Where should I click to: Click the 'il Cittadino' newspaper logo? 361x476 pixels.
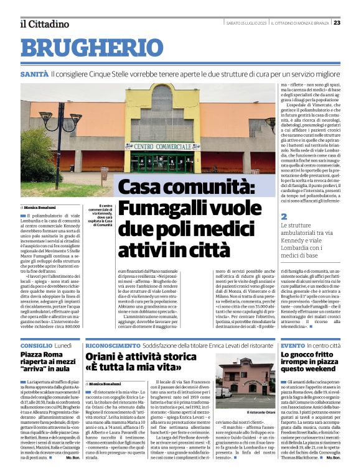[44, 24]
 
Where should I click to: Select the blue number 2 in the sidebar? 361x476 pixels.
[284, 217]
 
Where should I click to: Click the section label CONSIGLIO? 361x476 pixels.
[36, 344]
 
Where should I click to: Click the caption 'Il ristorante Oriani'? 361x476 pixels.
[261, 412]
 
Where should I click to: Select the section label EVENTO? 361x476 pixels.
[293, 344]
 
